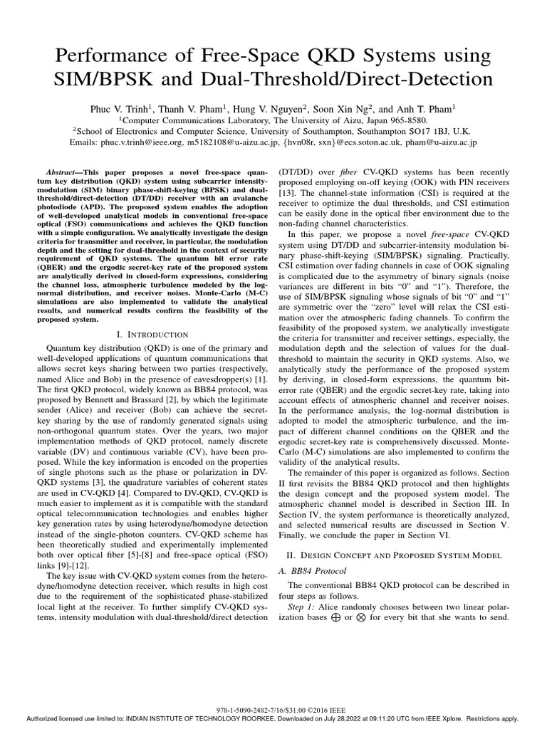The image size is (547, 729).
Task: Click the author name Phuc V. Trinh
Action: click(x=120, y=109)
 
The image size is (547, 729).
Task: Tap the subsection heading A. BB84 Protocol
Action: click(x=316, y=570)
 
